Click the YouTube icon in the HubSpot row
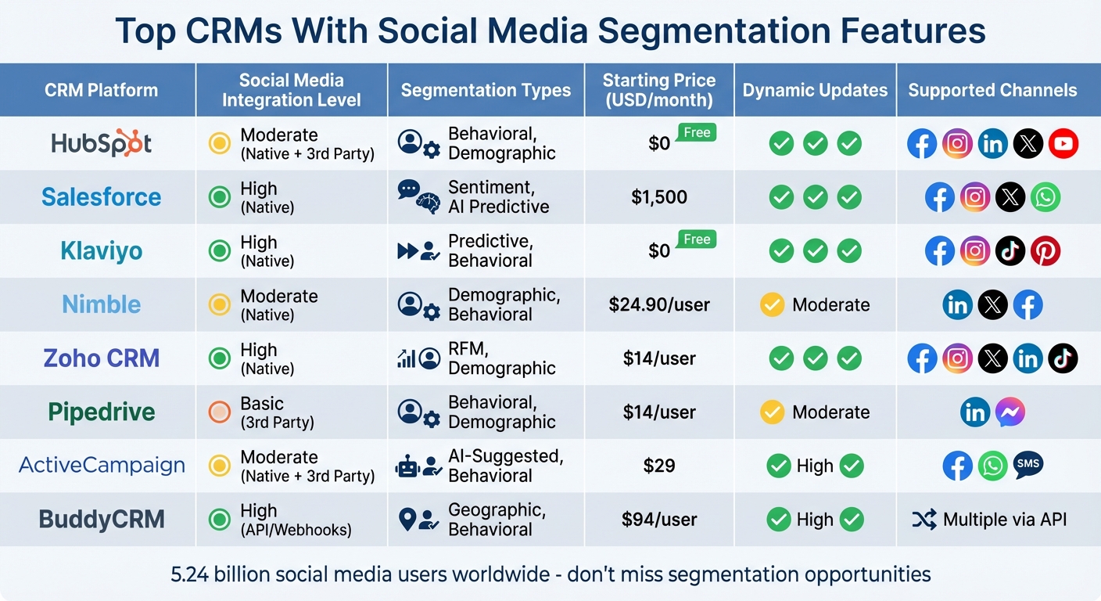tap(1063, 144)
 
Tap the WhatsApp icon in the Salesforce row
tap(1045, 197)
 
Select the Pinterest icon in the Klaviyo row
tap(1045, 251)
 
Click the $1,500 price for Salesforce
tap(659, 197)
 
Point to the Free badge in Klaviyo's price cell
tap(696, 239)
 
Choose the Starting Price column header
tap(659, 90)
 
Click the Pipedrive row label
tap(102, 412)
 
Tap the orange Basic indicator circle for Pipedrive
tap(220, 412)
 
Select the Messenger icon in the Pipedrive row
tap(1010, 412)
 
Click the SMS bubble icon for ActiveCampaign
tap(1027, 465)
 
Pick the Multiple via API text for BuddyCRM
tap(1004, 520)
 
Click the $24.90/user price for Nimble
tap(659, 305)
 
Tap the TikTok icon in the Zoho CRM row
tap(1063, 358)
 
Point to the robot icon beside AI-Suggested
tap(407, 467)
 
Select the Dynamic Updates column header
tap(815, 90)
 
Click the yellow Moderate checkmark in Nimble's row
tap(772, 305)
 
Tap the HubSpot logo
tap(102, 144)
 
